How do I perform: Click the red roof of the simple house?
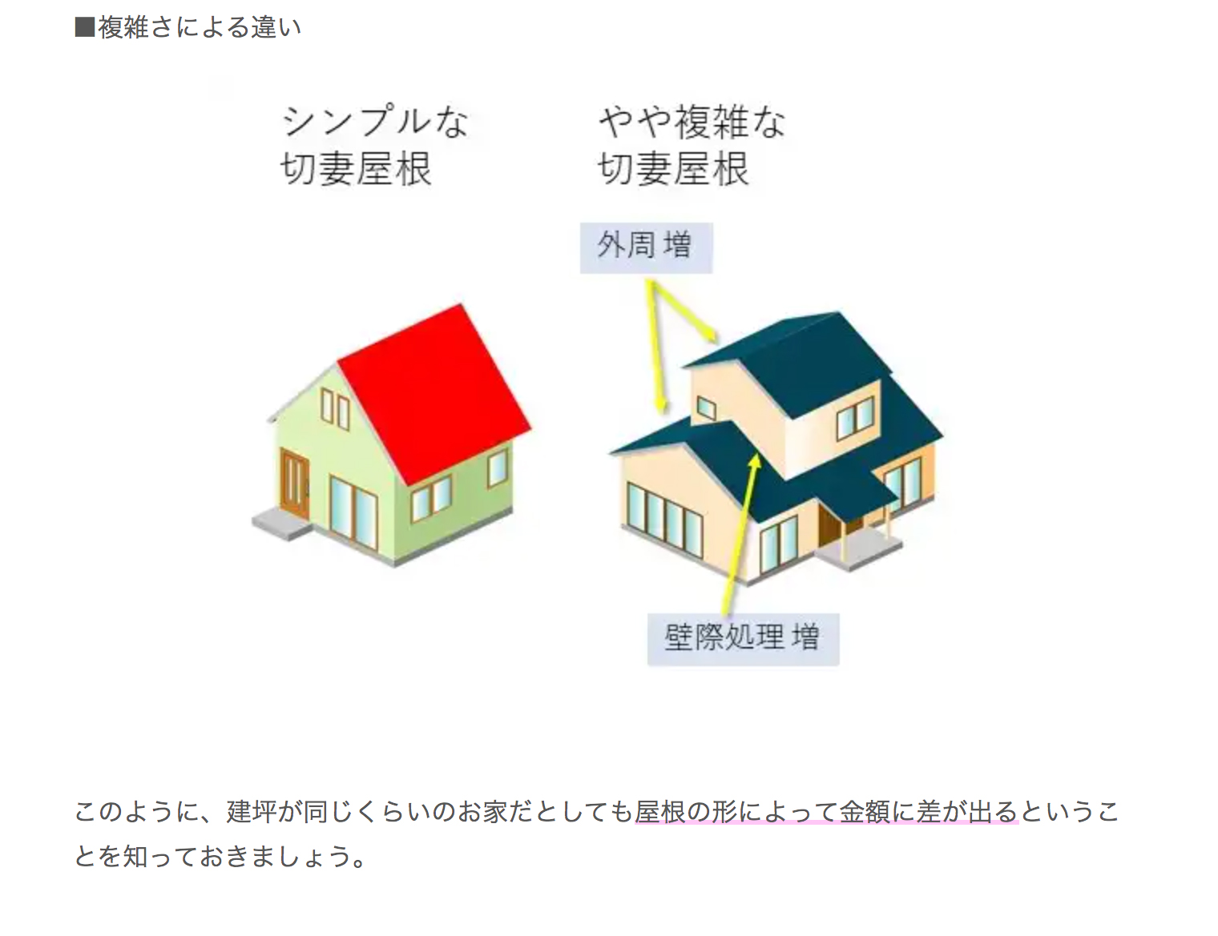(434, 394)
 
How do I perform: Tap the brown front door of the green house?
(294, 483)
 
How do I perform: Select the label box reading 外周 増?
(646, 248)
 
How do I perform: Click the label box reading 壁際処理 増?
(744, 639)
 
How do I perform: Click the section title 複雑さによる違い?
(200, 27)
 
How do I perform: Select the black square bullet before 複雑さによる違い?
(85, 27)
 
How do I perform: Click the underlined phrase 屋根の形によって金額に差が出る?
(826, 812)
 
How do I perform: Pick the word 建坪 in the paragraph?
(251, 812)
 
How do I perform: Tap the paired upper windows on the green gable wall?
(335, 409)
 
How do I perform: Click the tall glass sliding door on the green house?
(353, 512)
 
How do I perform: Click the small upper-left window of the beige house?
(706, 408)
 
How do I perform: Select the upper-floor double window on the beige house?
(855, 418)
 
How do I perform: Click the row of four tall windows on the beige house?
(664, 520)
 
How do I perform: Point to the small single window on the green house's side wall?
(497, 468)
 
